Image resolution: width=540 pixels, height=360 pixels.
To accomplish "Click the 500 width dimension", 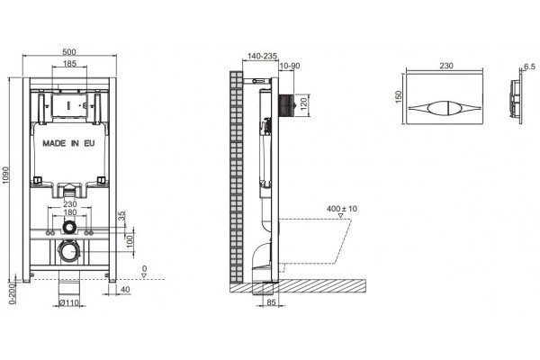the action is tap(69, 52).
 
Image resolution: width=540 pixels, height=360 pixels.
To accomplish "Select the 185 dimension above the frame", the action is tap(69, 64).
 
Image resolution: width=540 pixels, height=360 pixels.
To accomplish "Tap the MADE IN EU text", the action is tap(68, 143).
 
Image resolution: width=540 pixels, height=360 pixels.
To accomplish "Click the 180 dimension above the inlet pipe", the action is tap(70, 212).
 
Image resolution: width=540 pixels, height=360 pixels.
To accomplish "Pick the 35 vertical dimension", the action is tap(122, 216).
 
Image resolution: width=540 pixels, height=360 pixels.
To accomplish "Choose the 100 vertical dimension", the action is tap(130, 240).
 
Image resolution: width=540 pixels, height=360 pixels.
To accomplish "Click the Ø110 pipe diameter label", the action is tap(69, 303).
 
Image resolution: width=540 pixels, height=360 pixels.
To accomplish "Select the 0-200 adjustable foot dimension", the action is tap(12, 293).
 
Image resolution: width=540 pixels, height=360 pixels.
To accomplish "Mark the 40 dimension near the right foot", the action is tap(125, 290).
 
